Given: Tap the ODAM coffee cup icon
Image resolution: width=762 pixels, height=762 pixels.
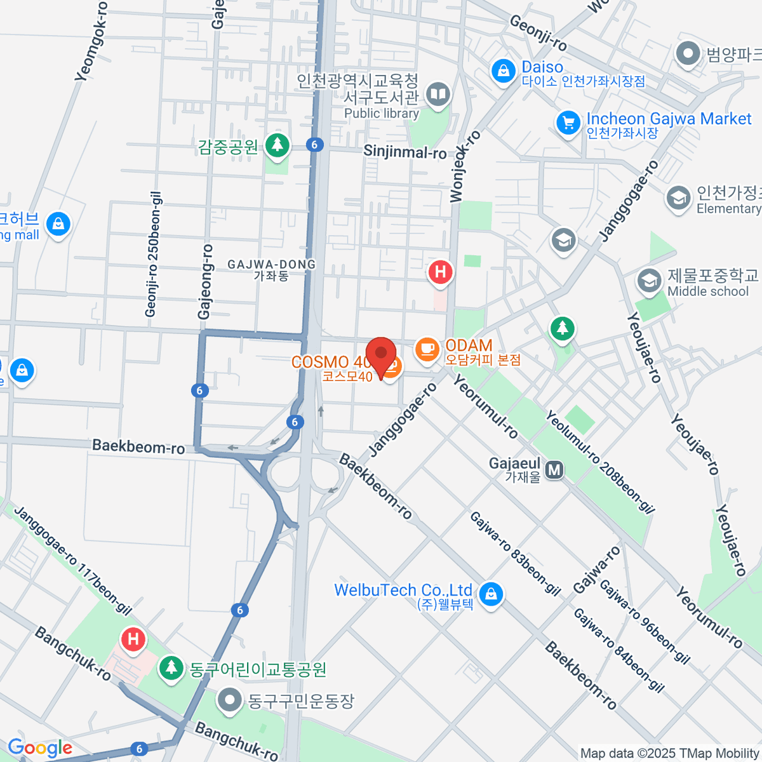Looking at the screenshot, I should [x=427, y=349].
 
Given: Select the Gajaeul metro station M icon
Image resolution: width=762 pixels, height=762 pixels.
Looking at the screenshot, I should [x=554, y=470].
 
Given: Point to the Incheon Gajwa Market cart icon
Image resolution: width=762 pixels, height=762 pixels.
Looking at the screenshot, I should [x=568, y=123].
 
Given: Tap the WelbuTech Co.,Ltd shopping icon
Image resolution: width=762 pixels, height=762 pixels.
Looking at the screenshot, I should [x=490, y=594].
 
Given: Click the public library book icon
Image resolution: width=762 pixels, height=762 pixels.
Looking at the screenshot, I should [x=438, y=95].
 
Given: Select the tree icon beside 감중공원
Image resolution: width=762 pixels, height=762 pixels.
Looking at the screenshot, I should [x=276, y=145].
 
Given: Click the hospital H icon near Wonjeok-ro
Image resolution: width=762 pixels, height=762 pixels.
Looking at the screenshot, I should [x=440, y=273].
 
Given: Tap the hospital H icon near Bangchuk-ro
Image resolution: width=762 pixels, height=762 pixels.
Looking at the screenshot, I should [x=133, y=638].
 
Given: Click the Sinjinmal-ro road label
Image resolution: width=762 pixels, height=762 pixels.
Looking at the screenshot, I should [x=405, y=152].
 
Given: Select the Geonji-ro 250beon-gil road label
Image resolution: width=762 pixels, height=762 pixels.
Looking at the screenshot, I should [x=152, y=254].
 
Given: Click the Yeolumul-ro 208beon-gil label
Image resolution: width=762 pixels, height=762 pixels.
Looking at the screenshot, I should [x=599, y=462].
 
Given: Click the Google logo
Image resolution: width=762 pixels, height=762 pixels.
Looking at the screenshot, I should [x=39, y=748].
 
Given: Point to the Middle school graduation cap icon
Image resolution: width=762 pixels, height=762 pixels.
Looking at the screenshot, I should [x=649, y=281].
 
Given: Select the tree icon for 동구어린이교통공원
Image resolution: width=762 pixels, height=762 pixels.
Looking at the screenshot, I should [x=170, y=668].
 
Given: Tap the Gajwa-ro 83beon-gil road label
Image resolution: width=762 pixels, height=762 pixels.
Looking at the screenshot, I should [x=515, y=554].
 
